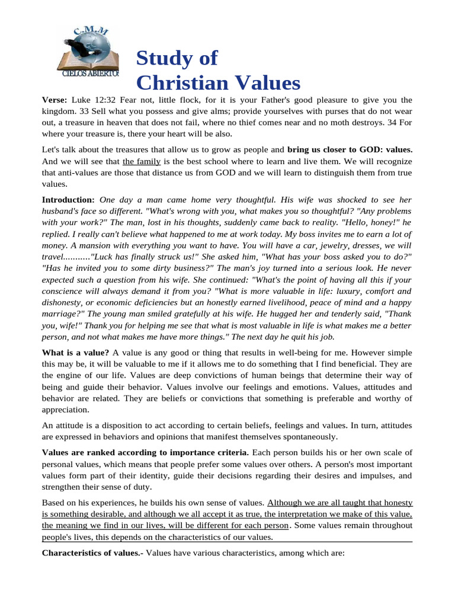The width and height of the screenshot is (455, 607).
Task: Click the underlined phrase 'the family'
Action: point(142,161)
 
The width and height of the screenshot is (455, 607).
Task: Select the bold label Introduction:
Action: point(68,200)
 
